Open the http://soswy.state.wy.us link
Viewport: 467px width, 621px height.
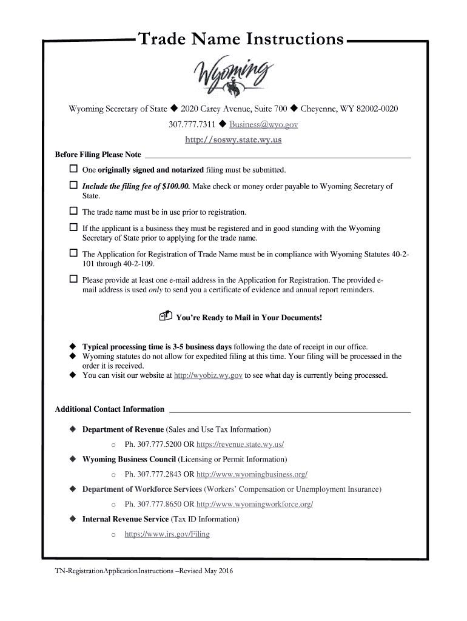(x=233, y=139)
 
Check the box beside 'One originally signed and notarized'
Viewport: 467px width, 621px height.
(x=73, y=169)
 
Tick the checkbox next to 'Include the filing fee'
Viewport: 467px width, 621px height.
(x=73, y=186)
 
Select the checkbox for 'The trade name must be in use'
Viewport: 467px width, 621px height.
(x=73, y=212)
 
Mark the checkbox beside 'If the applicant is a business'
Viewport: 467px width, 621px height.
(x=73, y=228)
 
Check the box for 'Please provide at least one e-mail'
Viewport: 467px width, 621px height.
(x=73, y=280)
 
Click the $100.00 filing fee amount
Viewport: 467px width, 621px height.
(x=172, y=186)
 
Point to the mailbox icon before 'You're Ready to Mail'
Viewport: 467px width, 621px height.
(x=166, y=317)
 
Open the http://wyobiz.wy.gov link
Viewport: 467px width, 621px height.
(x=208, y=375)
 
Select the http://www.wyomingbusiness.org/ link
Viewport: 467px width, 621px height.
(x=252, y=474)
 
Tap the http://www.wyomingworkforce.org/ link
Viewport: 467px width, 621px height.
(x=255, y=505)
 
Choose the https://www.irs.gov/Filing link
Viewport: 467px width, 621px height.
(x=167, y=534)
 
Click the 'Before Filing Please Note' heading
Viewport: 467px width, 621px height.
(x=98, y=155)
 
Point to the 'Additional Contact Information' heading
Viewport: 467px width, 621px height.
(x=110, y=409)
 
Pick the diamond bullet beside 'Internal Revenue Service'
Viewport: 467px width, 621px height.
(x=73, y=520)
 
